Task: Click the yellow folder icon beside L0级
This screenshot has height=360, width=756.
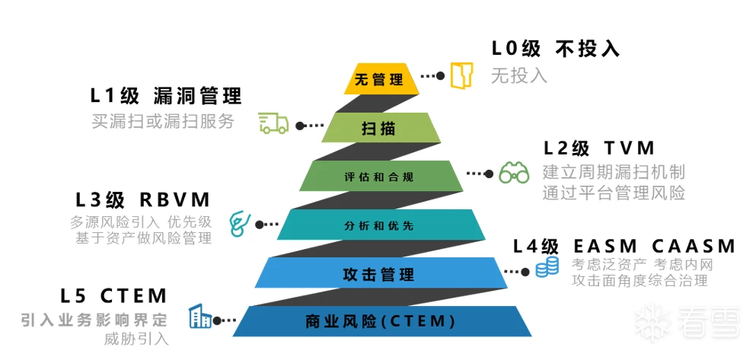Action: (x=460, y=75)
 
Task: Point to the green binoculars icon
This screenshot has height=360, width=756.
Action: (x=514, y=174)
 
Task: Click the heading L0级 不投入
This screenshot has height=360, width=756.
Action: (x=555, y=49)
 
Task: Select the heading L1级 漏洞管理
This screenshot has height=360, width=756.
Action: (x=166, y=97)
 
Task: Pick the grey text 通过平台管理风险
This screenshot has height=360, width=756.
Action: (x=614, y=193)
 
